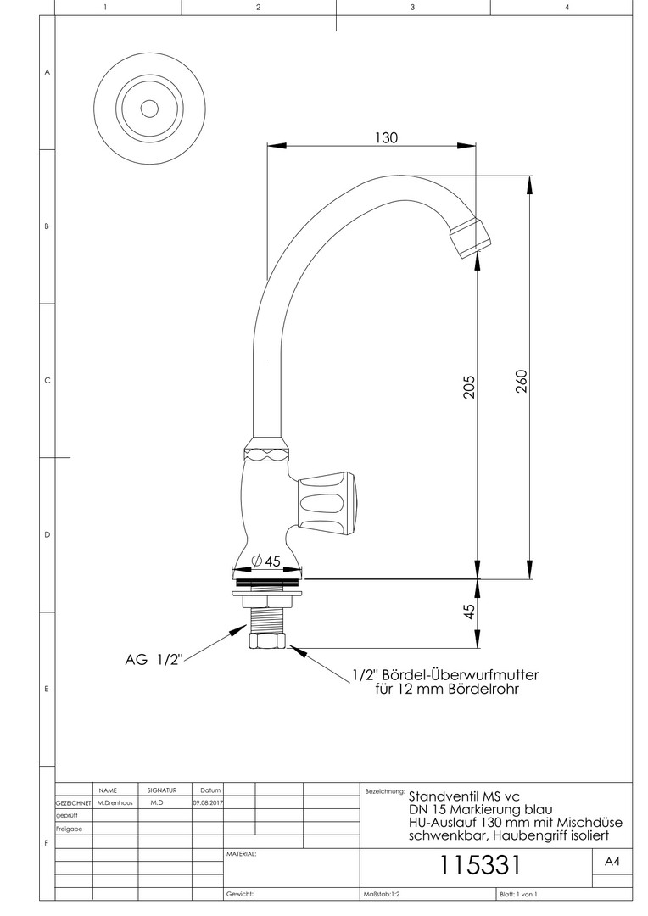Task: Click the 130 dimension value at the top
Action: (385, 137)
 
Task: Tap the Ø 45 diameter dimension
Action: (266, 561)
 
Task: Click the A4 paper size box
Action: (612, 862)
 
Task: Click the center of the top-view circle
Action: (149, 109)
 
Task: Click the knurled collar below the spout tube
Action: (267, 448)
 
